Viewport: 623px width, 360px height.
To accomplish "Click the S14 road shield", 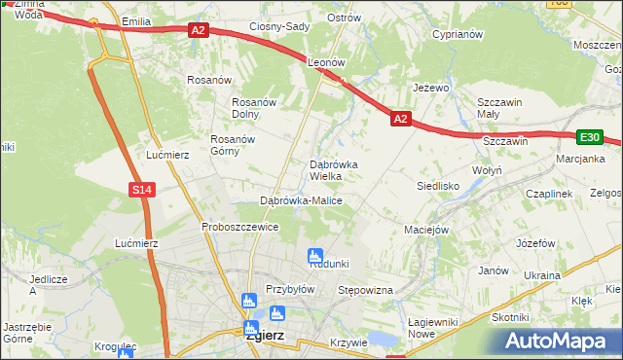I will (142, 190).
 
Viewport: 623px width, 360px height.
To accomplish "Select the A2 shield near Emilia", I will (198, 31).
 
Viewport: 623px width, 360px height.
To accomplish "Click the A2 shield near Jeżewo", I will (400, 118).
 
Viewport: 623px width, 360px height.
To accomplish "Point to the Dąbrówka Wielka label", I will (334, 170).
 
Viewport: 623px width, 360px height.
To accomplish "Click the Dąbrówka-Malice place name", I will (301, 200).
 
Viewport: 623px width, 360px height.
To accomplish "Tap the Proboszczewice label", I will (240, 227).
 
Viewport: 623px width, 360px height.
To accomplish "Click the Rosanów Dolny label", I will (254, 108).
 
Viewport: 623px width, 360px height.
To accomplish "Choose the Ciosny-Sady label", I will (279, 26).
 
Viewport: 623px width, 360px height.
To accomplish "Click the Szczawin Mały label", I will (500, 107).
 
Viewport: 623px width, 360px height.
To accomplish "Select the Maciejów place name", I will (425, 231).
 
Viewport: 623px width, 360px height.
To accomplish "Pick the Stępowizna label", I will (364, 290).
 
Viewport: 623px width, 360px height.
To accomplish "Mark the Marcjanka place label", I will (580, 159).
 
